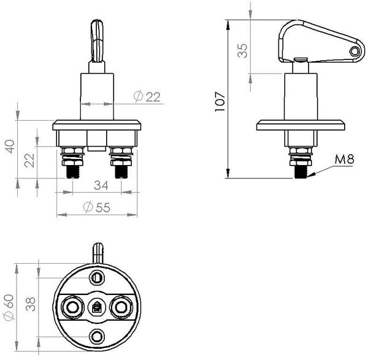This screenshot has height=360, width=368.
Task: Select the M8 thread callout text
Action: coord(345,160)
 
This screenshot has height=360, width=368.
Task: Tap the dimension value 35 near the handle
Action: coord(243,50)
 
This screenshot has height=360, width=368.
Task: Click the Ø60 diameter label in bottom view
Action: coord(9,307)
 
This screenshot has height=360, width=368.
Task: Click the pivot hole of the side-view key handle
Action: coord(354,52)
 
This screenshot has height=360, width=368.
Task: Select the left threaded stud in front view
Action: coord(72,169)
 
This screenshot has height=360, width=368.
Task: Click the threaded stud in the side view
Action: coord(301,169)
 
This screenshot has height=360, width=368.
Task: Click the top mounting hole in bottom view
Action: coord(97,278)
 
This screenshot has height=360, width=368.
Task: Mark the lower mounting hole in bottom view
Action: coord(97,335)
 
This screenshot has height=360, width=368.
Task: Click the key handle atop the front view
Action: coord(96,40)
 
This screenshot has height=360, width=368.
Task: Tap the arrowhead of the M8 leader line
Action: coord(310,175)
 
